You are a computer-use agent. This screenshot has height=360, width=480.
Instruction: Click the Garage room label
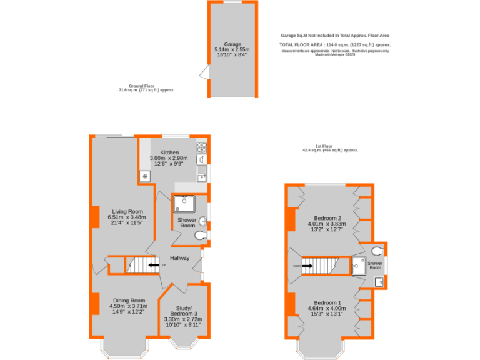point(232,44)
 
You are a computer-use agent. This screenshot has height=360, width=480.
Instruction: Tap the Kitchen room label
point(169,152)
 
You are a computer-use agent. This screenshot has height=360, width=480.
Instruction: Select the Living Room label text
point(127,212)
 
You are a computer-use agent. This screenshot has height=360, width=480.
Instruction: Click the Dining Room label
point(128,301)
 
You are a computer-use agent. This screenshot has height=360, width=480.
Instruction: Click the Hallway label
point(180,257)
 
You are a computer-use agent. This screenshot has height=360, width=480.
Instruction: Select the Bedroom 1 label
point(327,302)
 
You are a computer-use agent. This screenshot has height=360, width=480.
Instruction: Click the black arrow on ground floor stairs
point(153,266)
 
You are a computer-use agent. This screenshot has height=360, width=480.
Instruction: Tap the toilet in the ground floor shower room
point(200,235)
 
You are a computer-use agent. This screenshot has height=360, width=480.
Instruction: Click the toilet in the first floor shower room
point(377,251)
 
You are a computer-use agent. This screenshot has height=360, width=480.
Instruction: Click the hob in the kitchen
point(202,148)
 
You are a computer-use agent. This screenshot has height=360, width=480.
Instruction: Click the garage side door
point(204,74)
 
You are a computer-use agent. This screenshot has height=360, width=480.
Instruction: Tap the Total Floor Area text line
point(335,45)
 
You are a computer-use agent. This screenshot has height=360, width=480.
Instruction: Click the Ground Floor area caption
point(146,88)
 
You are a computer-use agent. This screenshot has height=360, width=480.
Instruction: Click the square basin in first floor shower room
point(379,282)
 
